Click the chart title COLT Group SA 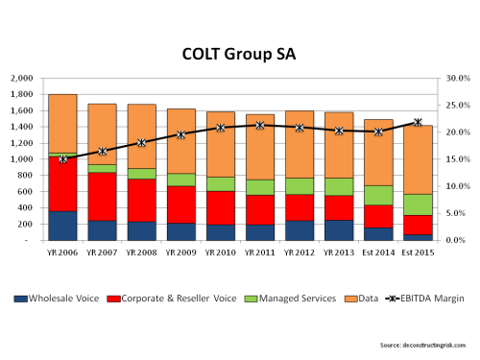coord(239,54)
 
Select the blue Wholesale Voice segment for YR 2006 coord(62,225)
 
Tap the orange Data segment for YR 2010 coord(221,144)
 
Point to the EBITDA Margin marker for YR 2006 coord(62,159)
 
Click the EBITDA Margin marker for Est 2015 coord(418,122)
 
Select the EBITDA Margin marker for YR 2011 coord(260,125)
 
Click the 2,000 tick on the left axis coord(20,78)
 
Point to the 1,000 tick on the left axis coord(20,159)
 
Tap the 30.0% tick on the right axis coord(457,78)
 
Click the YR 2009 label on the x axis coord(181,255)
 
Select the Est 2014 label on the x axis coord(378,255)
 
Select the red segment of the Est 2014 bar coord(378,216)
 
